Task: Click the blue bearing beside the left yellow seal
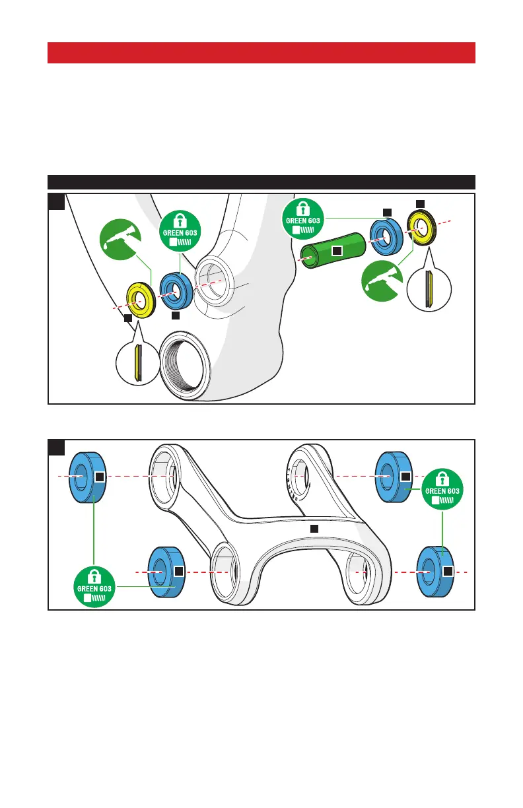coord(174,289)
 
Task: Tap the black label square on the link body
coord(314,529)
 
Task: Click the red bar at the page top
coord(261,53)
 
